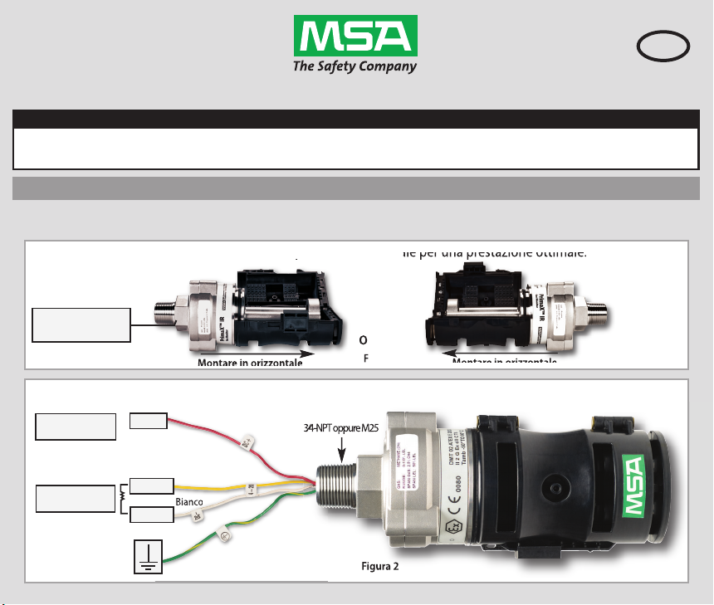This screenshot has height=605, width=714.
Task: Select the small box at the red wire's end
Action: pos(149,420)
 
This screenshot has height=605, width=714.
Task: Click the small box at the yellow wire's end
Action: pos(152,485)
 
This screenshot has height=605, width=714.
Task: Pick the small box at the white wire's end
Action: pos(152,516)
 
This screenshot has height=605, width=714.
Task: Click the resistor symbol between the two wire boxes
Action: pos(124,500)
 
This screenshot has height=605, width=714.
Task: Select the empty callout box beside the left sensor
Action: pos(81,324)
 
